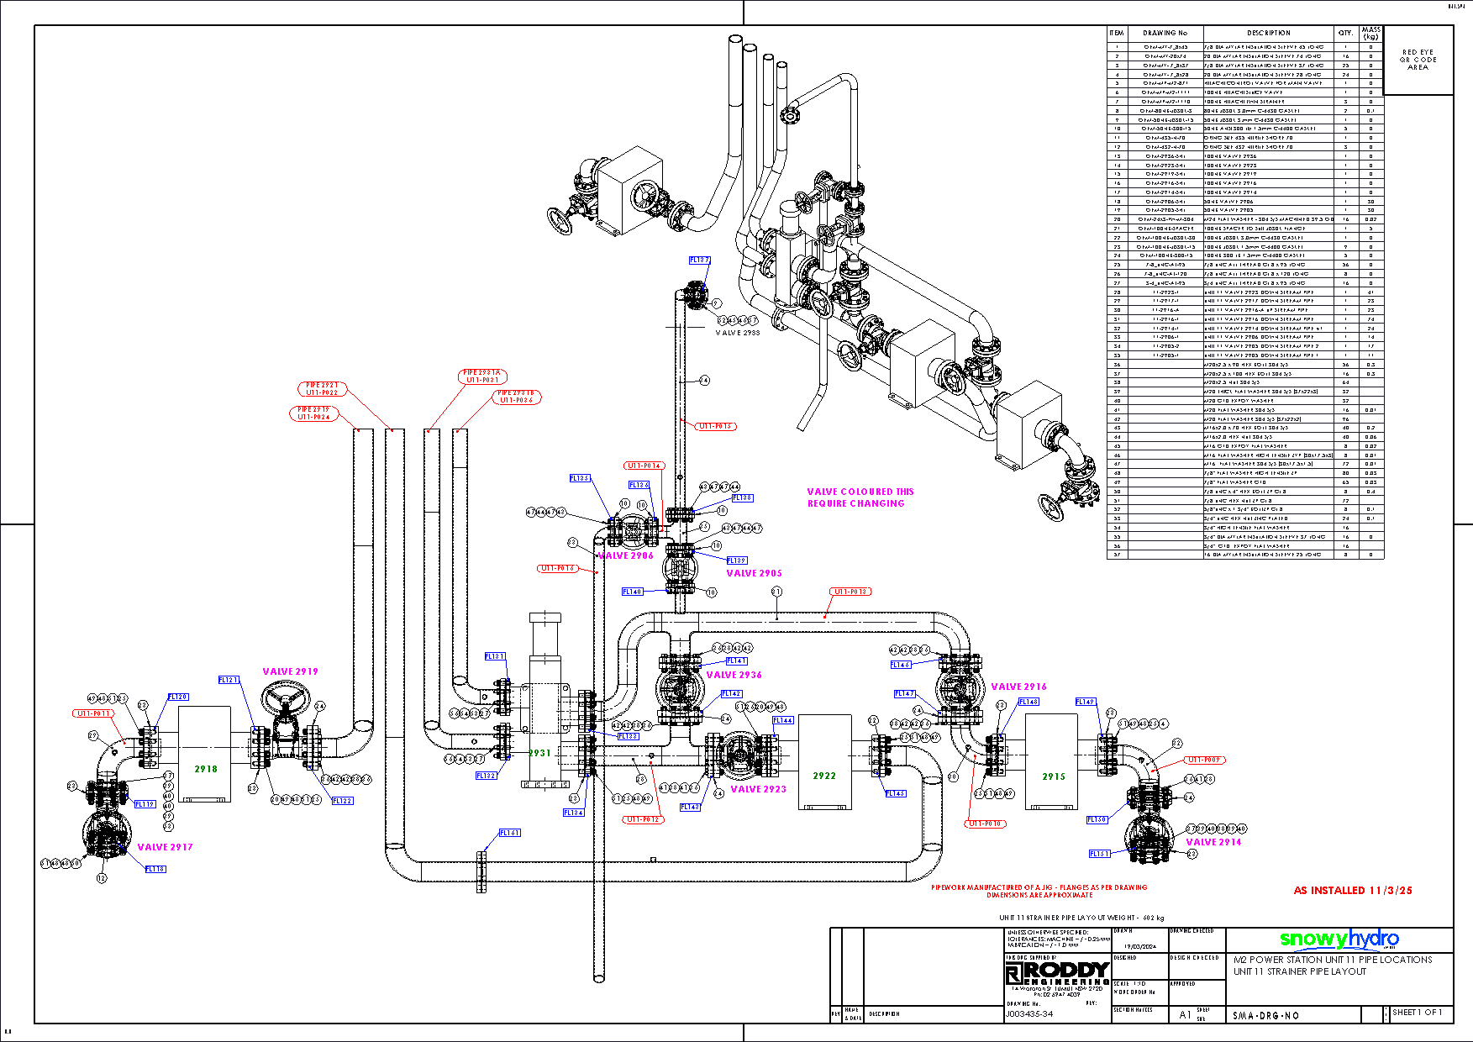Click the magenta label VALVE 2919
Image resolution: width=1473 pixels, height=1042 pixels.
coord(290,671)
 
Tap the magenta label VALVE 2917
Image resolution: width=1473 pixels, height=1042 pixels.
coord(165,847)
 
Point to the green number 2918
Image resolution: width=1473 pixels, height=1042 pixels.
coord(206,769)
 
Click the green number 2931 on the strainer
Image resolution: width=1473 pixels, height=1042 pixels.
coord(539,753)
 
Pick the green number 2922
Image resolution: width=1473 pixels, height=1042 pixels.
coord(824,776)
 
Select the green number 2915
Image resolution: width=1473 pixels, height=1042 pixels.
coord(1054,776)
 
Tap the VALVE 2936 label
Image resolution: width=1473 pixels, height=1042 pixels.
coord(734,675)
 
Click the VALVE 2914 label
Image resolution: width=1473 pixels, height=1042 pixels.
coord(1213,841)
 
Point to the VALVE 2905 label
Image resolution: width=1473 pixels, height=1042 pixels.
coord(754,573)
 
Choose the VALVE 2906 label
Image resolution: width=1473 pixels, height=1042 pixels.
coord(625,555)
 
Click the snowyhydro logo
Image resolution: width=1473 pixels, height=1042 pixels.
coord(1339,939)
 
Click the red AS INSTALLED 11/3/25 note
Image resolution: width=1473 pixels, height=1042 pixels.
coord(1353,890)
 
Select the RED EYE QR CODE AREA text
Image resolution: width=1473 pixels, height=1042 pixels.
coord(1418,60)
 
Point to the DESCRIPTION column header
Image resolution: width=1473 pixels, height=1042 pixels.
coord(1268,33)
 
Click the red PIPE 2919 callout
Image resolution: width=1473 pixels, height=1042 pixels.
coord(314,413)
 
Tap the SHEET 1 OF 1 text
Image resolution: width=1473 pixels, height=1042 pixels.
coord(1418,1012)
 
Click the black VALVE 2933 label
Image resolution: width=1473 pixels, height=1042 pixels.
coord(737,333)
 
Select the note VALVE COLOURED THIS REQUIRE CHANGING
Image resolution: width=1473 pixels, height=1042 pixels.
coord(860,497)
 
